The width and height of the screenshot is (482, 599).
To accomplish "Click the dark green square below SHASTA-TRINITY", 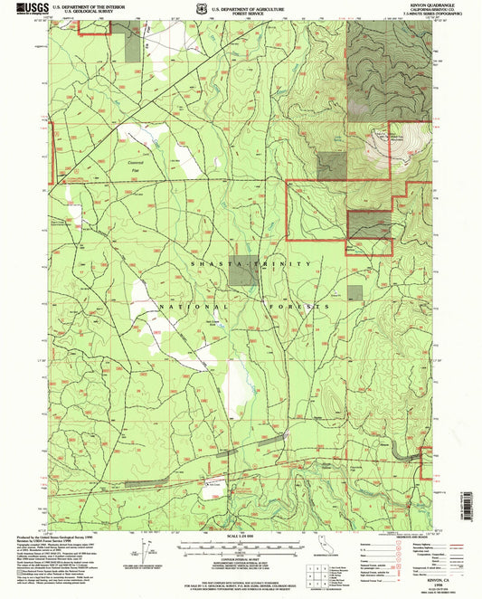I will (242, 275).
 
